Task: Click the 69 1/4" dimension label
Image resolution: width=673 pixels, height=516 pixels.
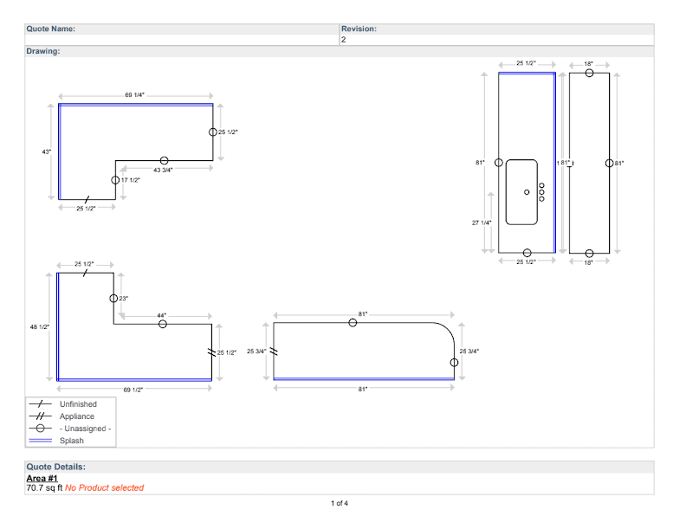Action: click(134, 94)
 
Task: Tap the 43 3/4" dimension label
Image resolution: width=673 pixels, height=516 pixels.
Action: click(163, 171)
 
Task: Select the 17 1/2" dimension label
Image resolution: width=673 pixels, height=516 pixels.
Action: click(129, 180)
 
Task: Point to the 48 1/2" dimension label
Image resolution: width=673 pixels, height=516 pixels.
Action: click(40, 326)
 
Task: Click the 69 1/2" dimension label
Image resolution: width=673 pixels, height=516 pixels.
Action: click(133, 390)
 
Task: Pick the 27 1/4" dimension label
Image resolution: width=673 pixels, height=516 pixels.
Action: click(482, 223)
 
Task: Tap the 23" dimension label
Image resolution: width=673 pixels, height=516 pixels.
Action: click(123, 298)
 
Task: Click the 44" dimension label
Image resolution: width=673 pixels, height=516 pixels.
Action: click(162, 315)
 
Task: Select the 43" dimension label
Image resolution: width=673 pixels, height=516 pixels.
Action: click(47, 152)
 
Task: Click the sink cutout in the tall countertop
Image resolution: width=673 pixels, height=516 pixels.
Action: click(522, 191)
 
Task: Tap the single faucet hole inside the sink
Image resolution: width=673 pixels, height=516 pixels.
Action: click(527, 191)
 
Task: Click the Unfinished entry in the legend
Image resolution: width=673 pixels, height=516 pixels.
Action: click(78, 404)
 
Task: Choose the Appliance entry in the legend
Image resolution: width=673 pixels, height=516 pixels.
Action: click(77, 416)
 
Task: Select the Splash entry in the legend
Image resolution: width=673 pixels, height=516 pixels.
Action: click(72, 441)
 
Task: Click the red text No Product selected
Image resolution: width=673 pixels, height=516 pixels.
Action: click(104, 488)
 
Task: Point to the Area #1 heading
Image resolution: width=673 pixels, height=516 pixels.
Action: click(42, 478)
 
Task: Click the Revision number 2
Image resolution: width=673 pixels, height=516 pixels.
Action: click(344, 40)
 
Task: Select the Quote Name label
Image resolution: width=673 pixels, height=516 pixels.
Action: click(50, 29)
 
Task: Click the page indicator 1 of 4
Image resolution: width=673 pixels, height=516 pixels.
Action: click(340, 503)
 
